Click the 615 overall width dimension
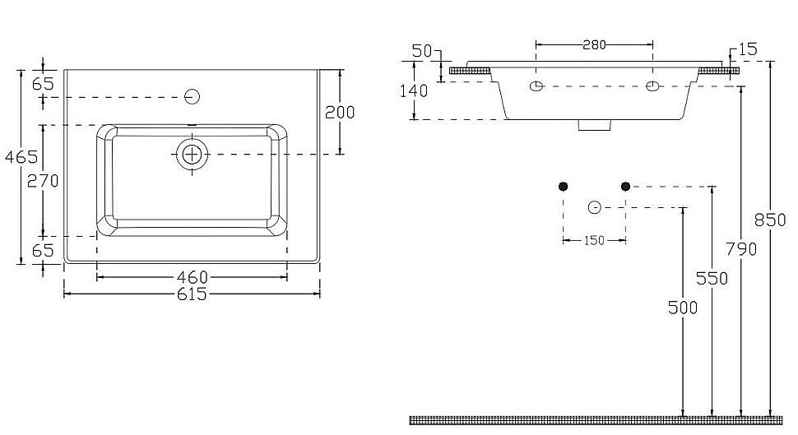coord(192,294)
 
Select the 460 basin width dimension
coord(193,277)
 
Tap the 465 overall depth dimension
coord(21,157)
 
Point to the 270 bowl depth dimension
coord(43,181)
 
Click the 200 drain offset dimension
coord(340,112)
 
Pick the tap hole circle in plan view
coord(192,97)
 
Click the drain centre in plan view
coord(192,154)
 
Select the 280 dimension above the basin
coord(595,44)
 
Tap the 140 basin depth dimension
coord(413,91)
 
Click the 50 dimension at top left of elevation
coord(421,51)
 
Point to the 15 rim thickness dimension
coord(747,49)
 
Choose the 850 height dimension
coord(770,220)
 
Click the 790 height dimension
coord(741,249)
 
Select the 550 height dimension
coord(712,278)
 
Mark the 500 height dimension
coord(683,308)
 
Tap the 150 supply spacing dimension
coord(594,240)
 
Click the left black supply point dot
coord(563,187)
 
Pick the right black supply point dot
coord(625,187)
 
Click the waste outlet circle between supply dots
coord(595,207)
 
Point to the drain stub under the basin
coord(595,125)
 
